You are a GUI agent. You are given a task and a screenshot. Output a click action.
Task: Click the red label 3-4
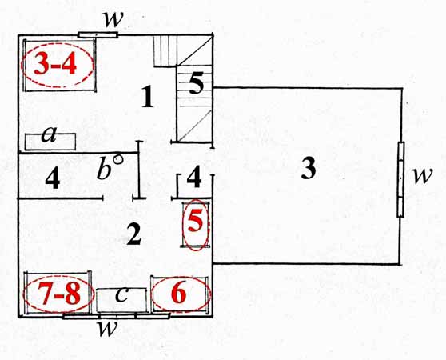pyautogui.click(x=55, y=64)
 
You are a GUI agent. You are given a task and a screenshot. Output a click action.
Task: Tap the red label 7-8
pyautogui.click(x=59, y=294)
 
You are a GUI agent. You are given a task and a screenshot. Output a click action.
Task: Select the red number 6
pyautogui.click(x=178, y=293)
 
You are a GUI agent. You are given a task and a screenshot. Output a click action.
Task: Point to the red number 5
pyautogui.click(x=196, y=221)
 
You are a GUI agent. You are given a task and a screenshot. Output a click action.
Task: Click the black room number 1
pyautogui.click(x=148, y=97)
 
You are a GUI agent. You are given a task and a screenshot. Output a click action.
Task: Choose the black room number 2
pyautogui.click(x=134, y=234)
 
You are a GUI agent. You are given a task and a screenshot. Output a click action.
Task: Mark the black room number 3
pyautogui.click(x=309, y=168)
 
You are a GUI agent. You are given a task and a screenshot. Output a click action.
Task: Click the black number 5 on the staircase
pyautogui.click(x=197, y=83)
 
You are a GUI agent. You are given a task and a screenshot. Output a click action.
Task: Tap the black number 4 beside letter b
pyautogui.click(x=53, y=178)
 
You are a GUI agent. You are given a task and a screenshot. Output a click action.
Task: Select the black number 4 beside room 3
pyautogui.click(x=194, y=178)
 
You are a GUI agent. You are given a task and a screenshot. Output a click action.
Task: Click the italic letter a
pyautogui.click(x=49, y=134)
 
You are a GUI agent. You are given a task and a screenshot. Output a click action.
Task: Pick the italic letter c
pyautogui.click(x=121, y=294)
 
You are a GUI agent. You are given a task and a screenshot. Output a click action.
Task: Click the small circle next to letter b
pyautogui.click(x=118, y=159)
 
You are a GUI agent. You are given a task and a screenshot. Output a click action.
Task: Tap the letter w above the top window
pyautogui.click(x=113, y=20)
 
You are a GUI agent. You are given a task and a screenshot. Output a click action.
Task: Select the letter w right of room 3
pyautogui.click(x=422, y=174)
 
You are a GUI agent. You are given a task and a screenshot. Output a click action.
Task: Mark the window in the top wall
pyautogui.click(x=98, y=35)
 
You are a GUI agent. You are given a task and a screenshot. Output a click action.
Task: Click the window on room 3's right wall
pyautogui.click(x=400, y=180)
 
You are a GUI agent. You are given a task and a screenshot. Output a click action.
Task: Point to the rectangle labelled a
pyautogui.click(x=50, y=142)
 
